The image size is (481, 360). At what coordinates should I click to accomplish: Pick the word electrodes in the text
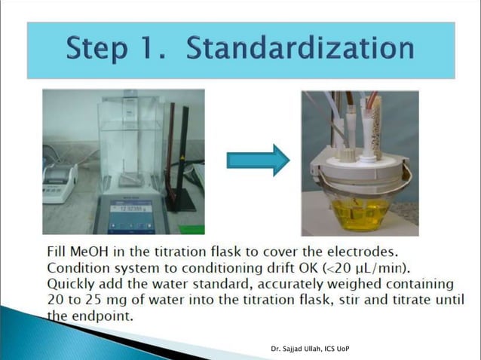[363, 250]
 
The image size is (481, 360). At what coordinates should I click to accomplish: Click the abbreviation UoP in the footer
[340, 349]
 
